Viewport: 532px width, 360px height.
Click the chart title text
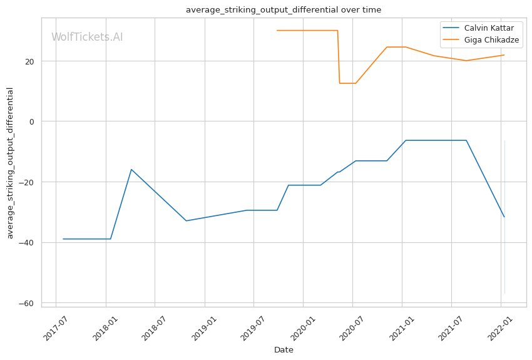coord(284,10)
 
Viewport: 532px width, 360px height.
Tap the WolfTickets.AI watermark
coord(87,37)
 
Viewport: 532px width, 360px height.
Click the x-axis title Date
coord(284,350)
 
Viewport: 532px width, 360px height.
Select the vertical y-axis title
coord(11,163)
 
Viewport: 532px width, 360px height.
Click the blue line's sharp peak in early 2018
coord(131,169)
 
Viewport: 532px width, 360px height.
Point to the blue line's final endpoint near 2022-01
coord(504,217)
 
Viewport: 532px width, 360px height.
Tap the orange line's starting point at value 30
coord(277,30)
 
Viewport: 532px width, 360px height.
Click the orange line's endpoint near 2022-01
coord(504,55)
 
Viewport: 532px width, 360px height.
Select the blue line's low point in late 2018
coord(186,220)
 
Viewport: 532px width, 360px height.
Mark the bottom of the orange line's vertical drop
coord(339,83)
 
